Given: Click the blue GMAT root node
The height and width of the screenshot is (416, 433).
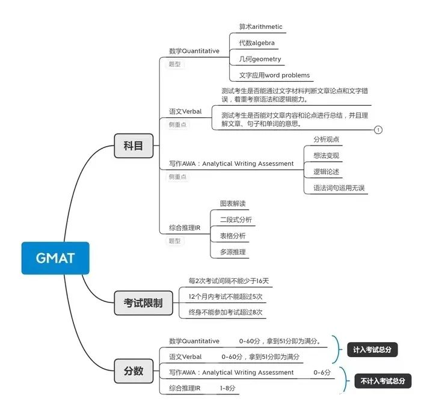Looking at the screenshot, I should point(55,258).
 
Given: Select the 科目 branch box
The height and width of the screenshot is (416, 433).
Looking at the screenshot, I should point(134,145).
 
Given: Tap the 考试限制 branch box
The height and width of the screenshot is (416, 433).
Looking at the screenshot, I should point(143,302).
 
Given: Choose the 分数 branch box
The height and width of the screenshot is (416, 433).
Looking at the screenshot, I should point(134,371).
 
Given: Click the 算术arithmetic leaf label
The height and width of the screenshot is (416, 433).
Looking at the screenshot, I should point(260,27).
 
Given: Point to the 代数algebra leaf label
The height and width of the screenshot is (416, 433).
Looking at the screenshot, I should point(257,43).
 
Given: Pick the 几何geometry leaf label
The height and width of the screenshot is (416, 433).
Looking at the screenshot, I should point(260,59).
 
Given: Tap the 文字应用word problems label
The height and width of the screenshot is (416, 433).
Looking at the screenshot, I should point(274,75).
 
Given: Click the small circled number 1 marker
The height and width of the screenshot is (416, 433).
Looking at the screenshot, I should point(378,129).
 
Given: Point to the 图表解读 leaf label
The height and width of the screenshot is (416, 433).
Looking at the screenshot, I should point(233,204).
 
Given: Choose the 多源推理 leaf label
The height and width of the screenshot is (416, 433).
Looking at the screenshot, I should point(233,252).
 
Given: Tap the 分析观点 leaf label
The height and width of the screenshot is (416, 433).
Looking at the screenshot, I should point(326,139).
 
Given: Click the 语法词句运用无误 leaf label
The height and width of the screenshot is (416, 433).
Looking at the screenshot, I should point(339,188).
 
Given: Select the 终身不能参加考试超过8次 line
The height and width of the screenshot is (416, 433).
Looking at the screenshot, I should point(226,312).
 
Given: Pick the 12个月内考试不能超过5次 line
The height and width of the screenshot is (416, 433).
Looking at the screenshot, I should point(226,296).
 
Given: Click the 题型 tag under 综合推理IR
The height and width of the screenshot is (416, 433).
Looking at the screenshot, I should point(175,240).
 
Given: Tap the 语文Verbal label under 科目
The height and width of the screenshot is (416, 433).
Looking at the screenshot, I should point(185,111).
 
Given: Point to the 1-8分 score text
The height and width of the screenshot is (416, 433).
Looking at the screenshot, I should point(228,388).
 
